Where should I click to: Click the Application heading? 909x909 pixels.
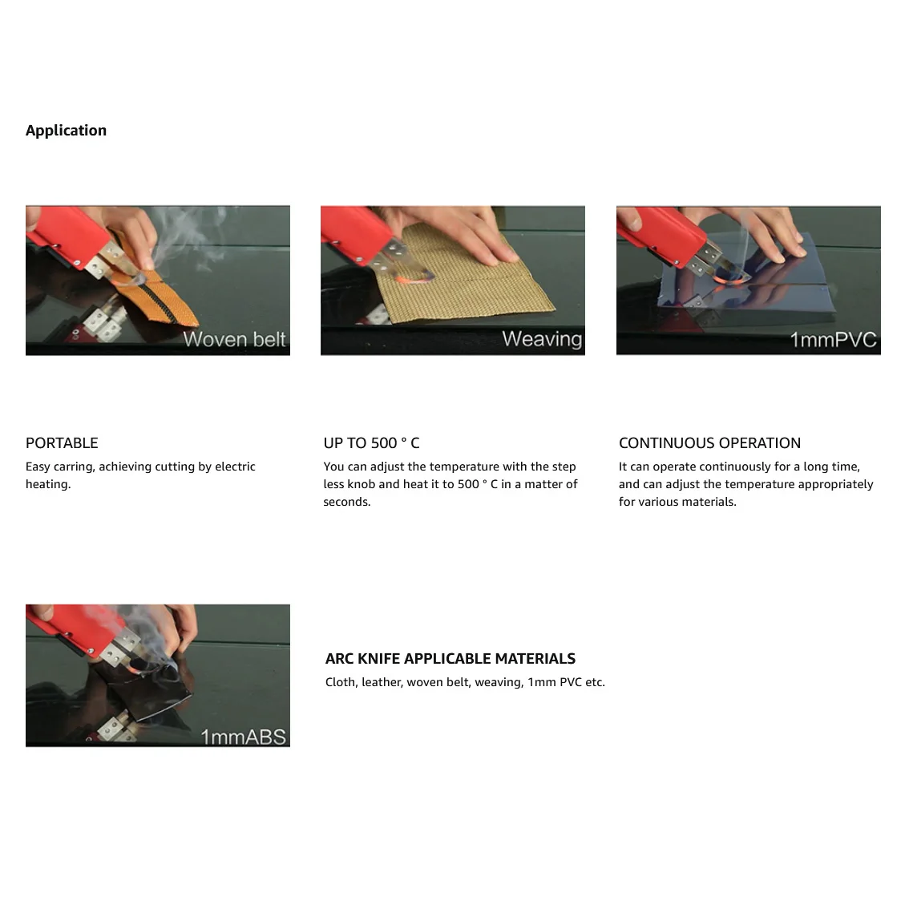pos(66,131)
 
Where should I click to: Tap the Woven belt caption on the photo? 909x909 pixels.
pos(234,339)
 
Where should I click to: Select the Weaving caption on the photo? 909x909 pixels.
pos(542,339)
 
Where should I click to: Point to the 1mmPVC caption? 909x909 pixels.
pos(833,340)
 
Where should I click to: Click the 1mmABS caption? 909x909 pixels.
pos(244,737)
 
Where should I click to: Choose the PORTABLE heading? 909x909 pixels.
pos(62,443)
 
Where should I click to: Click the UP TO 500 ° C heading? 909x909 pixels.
pos(372,443)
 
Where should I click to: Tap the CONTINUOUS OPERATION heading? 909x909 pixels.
pos(709,443)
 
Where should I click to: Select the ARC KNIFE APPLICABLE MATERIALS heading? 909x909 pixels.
pos(450,659)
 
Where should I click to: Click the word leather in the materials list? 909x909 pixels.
pos(382,682)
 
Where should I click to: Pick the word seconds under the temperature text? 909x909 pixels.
pos(346,502)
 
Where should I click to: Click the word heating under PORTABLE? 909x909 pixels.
pos(48,485)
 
